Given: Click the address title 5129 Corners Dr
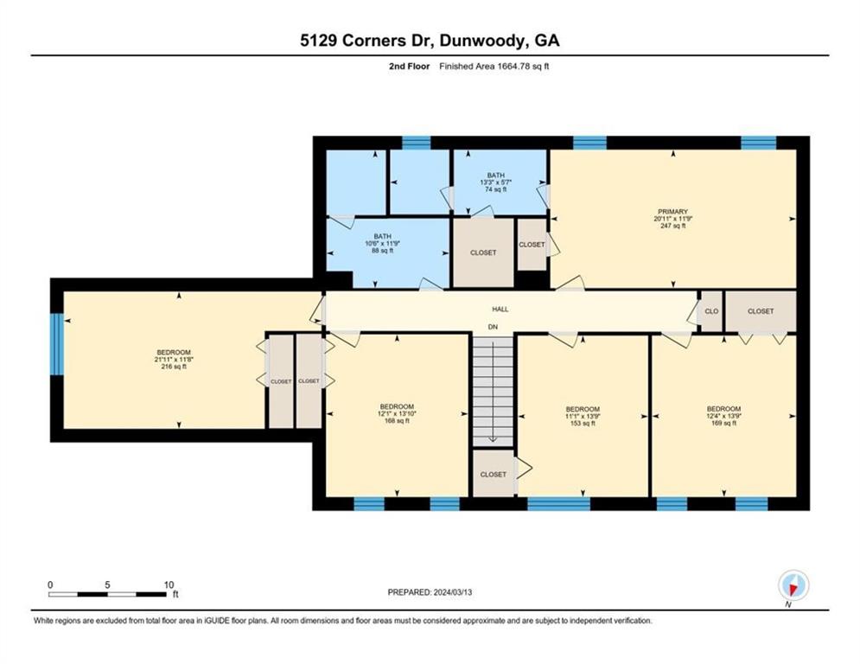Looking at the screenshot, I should pyautogui.click(x=430, y=41).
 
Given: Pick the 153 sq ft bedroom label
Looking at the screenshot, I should pyautogui.click(x=582, y=416).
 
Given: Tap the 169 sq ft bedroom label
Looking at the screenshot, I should pyautogui.click(x=723, y=416).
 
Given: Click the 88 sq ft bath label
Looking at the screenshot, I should pyautogui.click(x=383, y=244).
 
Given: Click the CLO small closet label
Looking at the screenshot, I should pyautogui.click(x=711, y=311).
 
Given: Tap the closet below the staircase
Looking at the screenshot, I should pyautogui.click(x=493, y=475).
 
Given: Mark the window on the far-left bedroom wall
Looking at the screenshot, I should pyautogui.click(x=57, y=344).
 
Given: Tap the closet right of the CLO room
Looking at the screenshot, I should pyautogui.click(x=761, y=311).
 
